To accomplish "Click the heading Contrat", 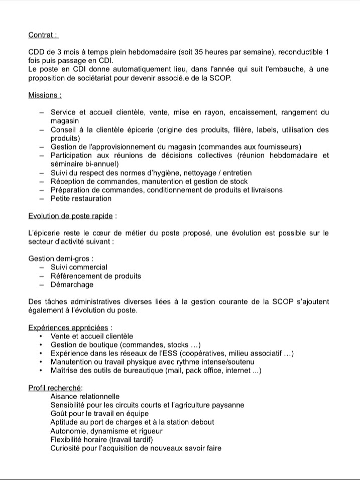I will click(43, 35).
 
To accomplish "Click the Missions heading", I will click(45, 95).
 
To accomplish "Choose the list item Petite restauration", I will click(81, 199).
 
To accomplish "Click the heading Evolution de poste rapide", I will click(71, 216).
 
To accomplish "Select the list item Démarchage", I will click(72, 285).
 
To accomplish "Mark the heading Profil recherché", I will click(55, 388).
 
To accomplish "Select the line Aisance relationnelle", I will click(85, 397).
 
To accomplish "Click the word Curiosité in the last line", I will click(67, 448).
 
